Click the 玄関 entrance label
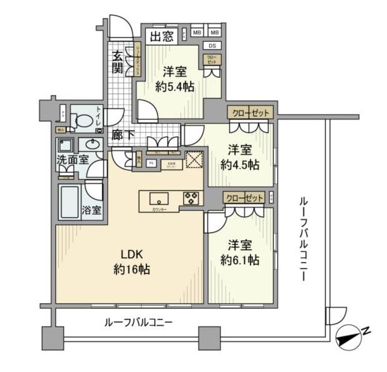pyautogui.click(x=118, y=61)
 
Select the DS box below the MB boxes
pyautogui.click(x=213, y=46)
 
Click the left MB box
pyautogui.click(x=196, y=32)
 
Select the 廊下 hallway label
pyautogui.click(x=120, y=134)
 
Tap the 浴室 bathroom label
pyautogui.click(x=92, y=209)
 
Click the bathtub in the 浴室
pyautogui.click(x=70, y=201)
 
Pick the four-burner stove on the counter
pyautogui.click(x=190, y=199)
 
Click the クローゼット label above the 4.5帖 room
pyautogui.click(x=249, y=113)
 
